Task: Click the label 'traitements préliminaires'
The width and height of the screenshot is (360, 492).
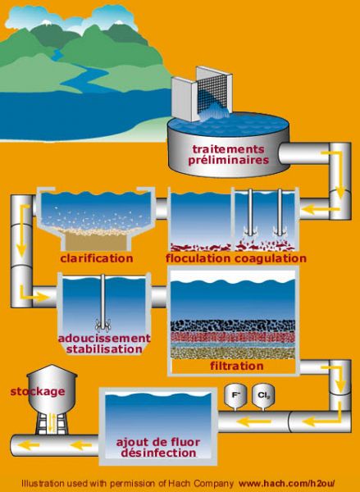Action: tap(229, 155)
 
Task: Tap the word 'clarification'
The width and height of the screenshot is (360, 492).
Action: tap(97, 258)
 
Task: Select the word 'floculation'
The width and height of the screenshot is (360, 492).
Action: tap(198, 258)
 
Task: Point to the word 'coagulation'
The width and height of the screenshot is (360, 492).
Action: tap(271, 259)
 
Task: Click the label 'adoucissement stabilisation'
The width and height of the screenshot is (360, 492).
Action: tap(104, 344)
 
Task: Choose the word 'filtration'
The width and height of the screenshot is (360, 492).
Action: tap(237, 366)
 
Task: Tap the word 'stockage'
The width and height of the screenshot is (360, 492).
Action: tap(38, 392)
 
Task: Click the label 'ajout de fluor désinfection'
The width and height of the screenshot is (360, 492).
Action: tap(158, 448)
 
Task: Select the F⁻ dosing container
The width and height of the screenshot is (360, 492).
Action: tap(235, 397)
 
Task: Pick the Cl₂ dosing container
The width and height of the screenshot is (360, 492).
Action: tap(263, 397)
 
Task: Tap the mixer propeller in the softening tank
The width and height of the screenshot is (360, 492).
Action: tap(103, 326)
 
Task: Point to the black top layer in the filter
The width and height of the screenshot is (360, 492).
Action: tap(233, 326)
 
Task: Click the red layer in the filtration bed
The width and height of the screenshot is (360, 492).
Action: tap(233, 337)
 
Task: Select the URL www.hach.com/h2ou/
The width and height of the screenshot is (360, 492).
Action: tap(287, 483)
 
